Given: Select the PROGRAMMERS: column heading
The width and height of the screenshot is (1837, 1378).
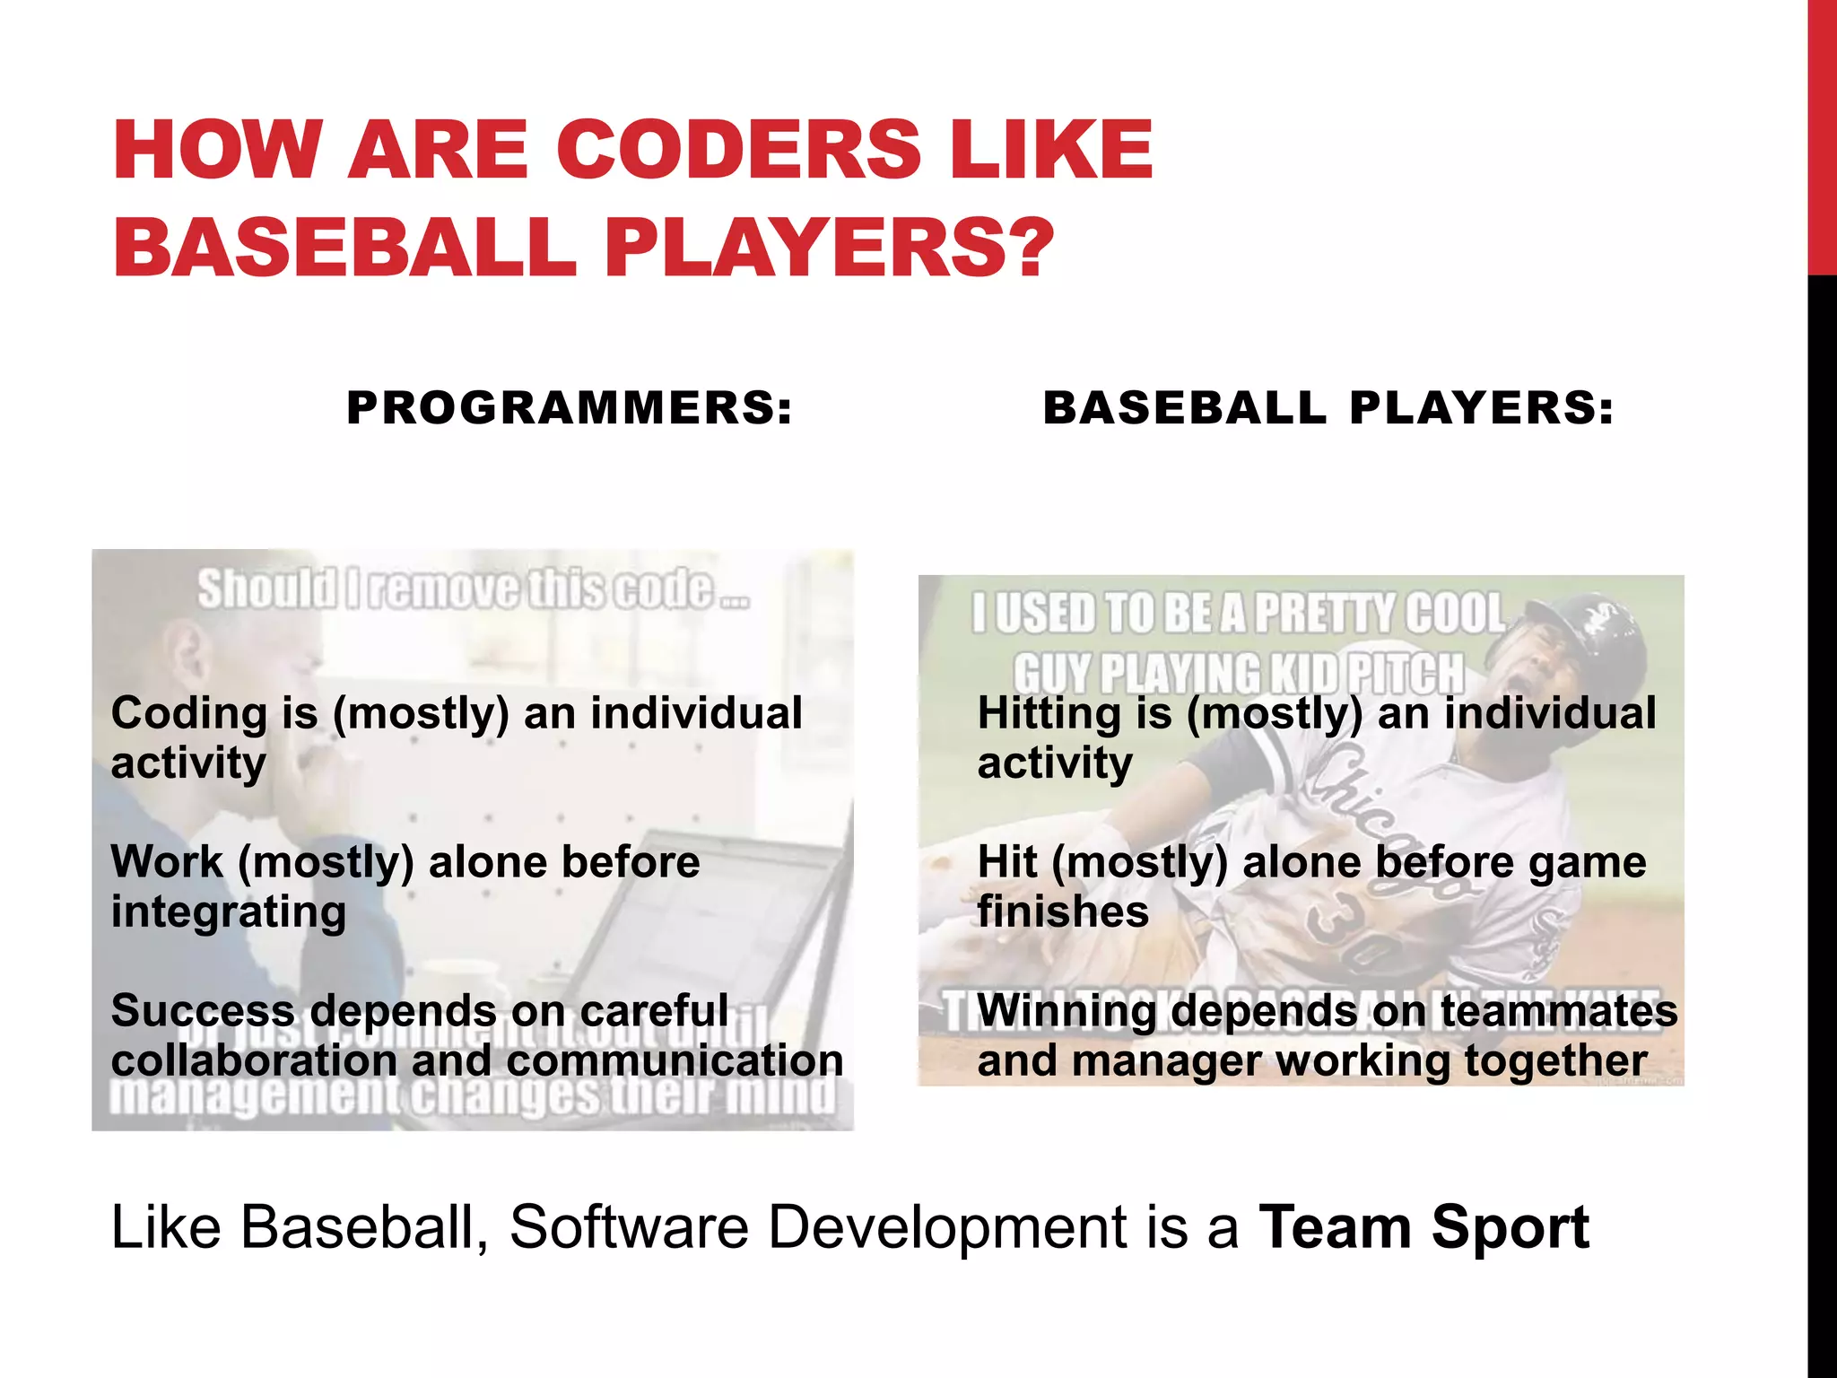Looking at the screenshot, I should click(570, 408).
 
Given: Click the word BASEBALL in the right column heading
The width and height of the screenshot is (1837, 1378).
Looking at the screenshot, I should click(1184, 408).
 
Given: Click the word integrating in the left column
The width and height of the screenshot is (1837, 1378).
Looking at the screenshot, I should click(228, 912).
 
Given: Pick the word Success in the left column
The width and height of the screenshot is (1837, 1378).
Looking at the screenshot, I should click(203, 1011).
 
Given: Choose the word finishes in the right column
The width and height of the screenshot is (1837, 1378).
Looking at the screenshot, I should click(1063, 912).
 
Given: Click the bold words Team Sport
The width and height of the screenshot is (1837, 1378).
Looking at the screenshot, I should click(1423, 1227).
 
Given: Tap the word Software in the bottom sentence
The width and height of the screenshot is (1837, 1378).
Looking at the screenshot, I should click(629, 1227).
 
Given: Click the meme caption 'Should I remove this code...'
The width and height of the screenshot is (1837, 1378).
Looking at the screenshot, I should click(473, 589).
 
